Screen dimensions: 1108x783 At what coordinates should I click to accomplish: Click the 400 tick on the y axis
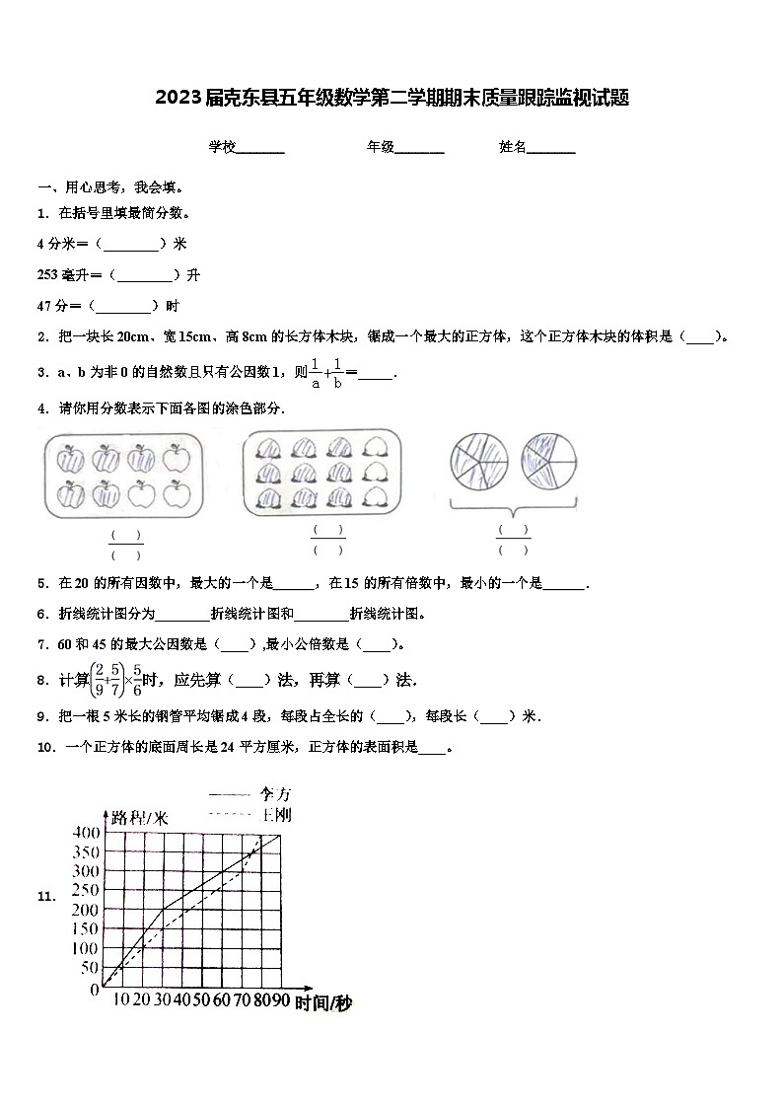[x=86, y=833]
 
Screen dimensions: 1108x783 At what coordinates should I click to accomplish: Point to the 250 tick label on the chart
[x=86, y=891]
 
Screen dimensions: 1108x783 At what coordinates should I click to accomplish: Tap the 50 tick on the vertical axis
[x=89, y=968]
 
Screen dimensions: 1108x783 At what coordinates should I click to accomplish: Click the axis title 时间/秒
[x=322, y=1003]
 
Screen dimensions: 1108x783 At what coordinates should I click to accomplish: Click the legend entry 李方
[x=275, y=793]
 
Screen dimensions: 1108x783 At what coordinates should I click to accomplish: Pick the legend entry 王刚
[x=275, y=815]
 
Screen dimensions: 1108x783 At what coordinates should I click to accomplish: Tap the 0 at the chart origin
[x=95, y=989]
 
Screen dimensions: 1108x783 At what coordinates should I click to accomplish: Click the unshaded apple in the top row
[x=177, y=458]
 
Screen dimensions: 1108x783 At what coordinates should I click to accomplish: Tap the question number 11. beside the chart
[x=45, y=896]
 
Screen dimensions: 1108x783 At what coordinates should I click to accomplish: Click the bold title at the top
[x=391, y=98]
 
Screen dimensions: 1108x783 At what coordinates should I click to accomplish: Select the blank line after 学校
[x=260, y=148]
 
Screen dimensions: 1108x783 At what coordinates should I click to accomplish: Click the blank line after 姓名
[x=551, y=148]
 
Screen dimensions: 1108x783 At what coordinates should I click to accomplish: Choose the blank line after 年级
[x=419, y=148]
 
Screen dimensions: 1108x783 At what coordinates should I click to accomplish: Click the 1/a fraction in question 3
[x=316, y=373]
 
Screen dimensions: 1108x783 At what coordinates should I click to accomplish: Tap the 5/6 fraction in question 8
[x=137, y=680]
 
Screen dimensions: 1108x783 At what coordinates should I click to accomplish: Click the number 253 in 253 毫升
[x=47, y=274]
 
